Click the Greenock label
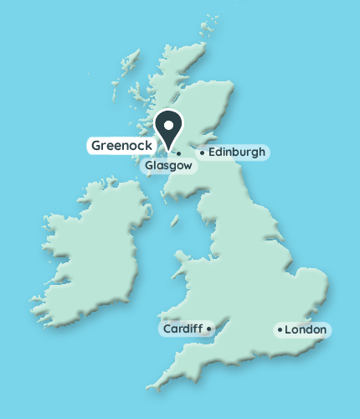pos(121,145)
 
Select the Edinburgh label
pos(236,153)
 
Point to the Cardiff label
pos(182,329)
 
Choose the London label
pos(306,330)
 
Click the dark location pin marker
pos(170,130)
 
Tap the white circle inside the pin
pos(170,126)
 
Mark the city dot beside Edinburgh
pos(201,153)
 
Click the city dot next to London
pos(280,330)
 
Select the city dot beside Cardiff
pos(208,329)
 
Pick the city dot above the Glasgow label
pos(179,153)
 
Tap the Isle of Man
pos(177,222)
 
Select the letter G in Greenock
pos(95,145)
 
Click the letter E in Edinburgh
pos(211,153)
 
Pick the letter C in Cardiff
pos(167,329)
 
